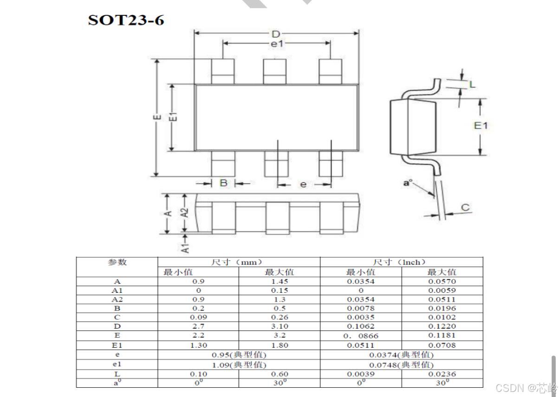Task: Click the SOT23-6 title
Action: pos(126,20)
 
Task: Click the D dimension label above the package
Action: pos(275,34)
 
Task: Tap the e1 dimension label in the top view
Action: pos(277,44)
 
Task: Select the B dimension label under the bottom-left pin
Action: pos(223,183)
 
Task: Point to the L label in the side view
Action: pos(472,85)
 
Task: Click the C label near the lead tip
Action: pos(465,207)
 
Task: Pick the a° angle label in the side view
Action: pos(408,183)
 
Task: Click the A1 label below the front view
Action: pos(185,248)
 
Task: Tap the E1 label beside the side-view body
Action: pos(481,126)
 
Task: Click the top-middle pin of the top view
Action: pos(275,72)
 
